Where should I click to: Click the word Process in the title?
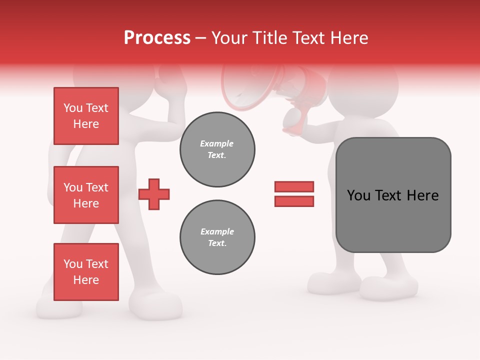157,38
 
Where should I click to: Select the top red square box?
86,116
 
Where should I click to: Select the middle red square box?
86,195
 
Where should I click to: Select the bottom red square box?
86,272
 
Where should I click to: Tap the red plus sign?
154,194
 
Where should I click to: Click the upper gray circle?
217,149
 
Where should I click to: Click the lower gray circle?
217,237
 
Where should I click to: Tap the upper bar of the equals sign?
294,186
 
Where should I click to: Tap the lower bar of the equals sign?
294,201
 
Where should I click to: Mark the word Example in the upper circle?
216,143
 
